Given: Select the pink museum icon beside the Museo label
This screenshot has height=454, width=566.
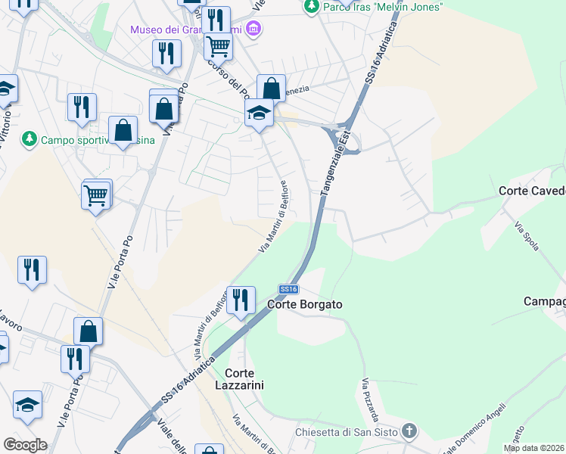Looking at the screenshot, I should (x=254, y=30).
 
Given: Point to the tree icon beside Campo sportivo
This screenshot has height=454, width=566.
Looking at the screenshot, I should (x=29, y=139).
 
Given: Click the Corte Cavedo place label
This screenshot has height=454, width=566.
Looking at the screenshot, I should (x=532, y=191).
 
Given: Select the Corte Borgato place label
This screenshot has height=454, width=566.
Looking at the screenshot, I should (x=306, y=304).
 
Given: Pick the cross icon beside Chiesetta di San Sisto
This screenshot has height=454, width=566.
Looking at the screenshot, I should (x=409, y=432).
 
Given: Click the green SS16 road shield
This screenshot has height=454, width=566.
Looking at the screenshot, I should (x=289, y=289).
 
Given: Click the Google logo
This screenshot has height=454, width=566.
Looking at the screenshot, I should (x=25, y=445).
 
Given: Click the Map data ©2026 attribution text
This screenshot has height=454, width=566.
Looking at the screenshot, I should (x=534, y=448).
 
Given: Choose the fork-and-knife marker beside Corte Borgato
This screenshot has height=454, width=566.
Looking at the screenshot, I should (x=241, y=300).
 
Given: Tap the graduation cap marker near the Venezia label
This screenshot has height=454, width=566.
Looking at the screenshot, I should (x=259, y=114).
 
